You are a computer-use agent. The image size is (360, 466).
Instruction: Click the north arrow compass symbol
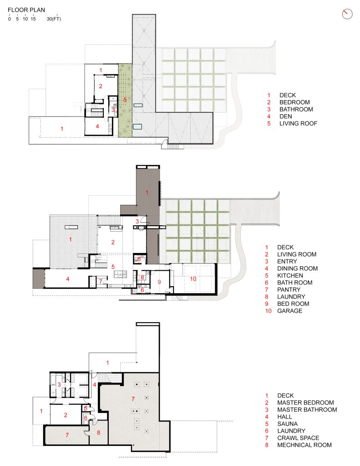pyautogui.click(x=347, y=14)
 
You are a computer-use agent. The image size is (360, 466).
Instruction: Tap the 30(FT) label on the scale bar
pyautogui.click(x=54, y=19)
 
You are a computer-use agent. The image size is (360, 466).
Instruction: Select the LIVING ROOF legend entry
pyautogui.click(x=298, y=124)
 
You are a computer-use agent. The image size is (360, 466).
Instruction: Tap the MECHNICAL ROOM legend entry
pyautogui.click(x=304, y=445)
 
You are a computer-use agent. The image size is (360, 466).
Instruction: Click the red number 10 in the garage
pyautogui.click(x=193, y=278)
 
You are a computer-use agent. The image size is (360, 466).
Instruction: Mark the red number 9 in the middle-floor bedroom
pyautogui.click(x=159, y=282)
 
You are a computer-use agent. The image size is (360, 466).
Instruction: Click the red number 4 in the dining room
pyautogui.click(x=67, y=279)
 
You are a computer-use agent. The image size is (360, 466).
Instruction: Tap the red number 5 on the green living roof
pyautogui.click(x=125, y=99)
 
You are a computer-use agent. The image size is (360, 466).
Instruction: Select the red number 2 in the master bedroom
pyautogui.click(x=66, y=415)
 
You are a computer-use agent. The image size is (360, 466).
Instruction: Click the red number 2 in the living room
pyautogui.click(x=113, y=242)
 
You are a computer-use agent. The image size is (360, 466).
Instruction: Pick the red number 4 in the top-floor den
pyautogui.click(x=97, y=126)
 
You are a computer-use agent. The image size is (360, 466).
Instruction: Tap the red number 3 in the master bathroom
pyautogui.click(x=59, y=385)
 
